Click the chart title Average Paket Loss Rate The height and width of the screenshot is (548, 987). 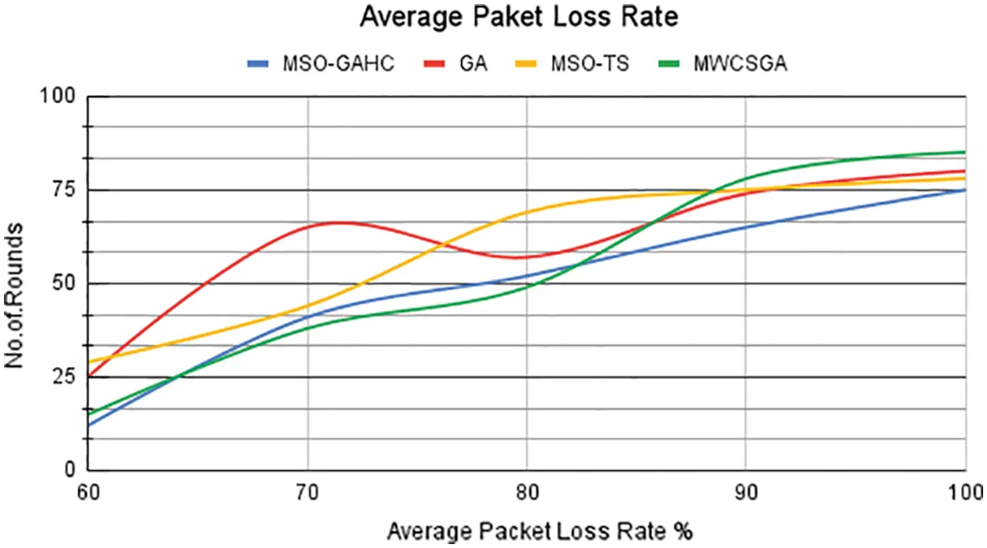coord(518,17)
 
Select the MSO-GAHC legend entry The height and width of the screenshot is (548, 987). coord(338,64)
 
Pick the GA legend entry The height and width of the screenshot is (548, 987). coord(474,64)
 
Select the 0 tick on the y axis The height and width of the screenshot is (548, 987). coord(71,470)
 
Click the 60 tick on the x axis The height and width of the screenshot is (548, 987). coord(88,493)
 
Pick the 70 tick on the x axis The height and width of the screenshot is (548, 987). coord(308,493)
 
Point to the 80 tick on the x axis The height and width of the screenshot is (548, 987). coord(526,493)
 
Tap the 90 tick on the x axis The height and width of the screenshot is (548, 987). coord(746,493)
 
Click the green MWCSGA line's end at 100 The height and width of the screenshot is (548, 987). coord(964,152)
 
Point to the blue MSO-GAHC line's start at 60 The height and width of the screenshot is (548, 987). coord(88,425)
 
